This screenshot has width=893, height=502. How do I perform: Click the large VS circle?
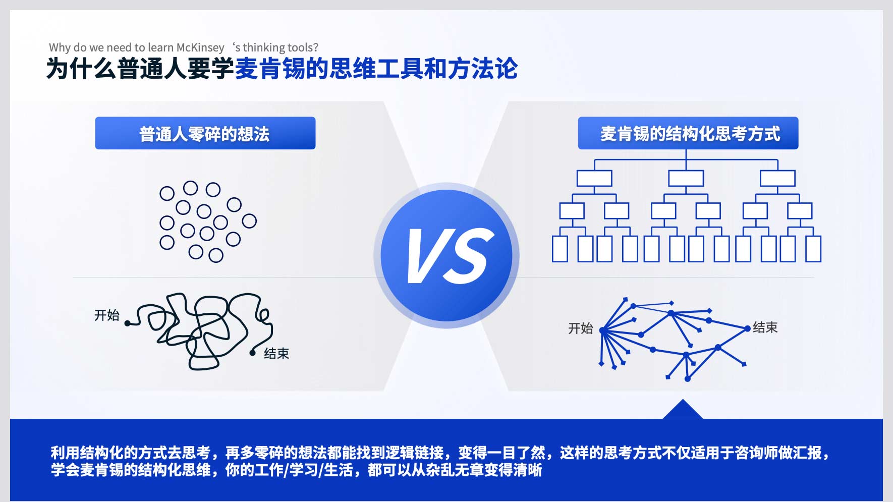pos(446,255)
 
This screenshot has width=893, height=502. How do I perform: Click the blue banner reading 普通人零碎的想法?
pos(205,133)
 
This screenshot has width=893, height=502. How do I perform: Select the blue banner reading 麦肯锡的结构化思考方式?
pos(688,133)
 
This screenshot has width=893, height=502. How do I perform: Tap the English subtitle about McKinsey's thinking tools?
pos(184,47)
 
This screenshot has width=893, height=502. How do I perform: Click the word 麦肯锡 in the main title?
pos(270,69)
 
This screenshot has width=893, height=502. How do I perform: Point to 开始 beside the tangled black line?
pos(107,315)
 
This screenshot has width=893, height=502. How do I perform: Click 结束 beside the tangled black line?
pos(276,353)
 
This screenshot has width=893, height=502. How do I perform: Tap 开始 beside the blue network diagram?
pos(581,328)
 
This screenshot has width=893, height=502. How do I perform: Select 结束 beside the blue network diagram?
pos(765,327)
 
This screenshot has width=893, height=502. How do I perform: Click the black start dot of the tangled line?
pos(128,323)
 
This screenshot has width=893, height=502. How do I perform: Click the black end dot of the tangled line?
pos(253,353)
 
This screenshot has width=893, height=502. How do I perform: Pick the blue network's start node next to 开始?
pos(602,330)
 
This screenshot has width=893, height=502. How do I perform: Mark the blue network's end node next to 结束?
pos(747,328)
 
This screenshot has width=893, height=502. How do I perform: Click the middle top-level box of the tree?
pos(686,178)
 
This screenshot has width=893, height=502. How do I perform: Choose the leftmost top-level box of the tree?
pos(594,178)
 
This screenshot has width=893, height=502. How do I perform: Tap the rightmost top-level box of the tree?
pos(777,178)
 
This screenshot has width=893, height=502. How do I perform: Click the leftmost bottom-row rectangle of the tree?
pos(560,249)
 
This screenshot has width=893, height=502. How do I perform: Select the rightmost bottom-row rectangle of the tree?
pos(813,249)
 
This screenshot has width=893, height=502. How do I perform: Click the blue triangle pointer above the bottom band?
pos(683,410)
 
